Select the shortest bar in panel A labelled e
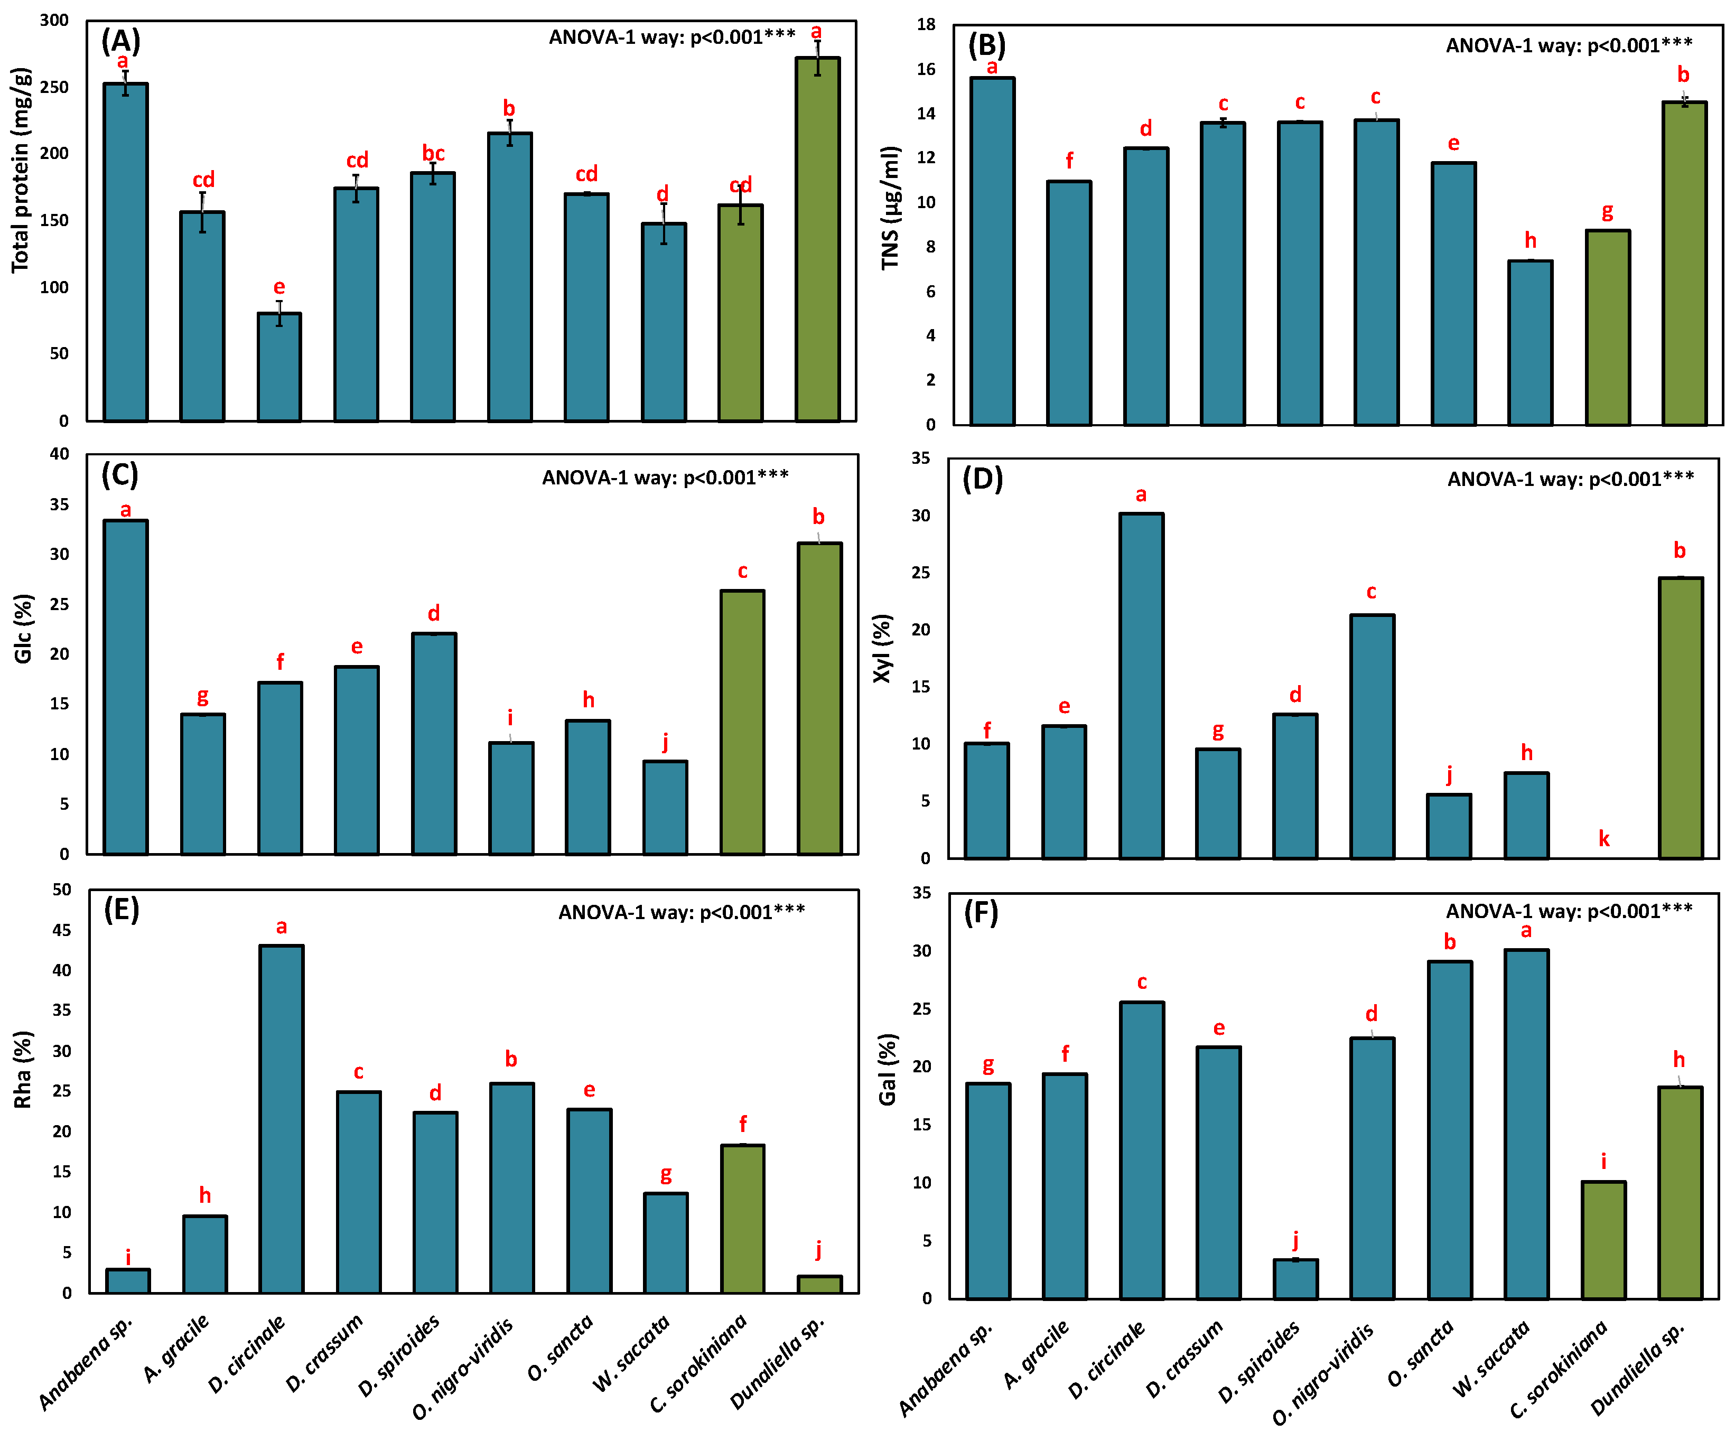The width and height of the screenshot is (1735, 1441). (279, 367)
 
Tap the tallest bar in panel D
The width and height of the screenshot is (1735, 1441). (1141, 686)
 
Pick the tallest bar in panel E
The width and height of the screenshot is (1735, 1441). (282, 1119)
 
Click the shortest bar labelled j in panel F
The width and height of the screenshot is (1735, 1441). (1295, 1279)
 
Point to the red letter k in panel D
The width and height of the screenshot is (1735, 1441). (1603, 839)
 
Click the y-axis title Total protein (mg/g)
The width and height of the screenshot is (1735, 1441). (22, 170)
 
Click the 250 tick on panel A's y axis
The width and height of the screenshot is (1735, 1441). (54, 87)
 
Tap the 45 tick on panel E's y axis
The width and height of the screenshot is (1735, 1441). (62, 930)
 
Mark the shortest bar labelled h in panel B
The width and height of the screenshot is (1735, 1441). (1530, 343)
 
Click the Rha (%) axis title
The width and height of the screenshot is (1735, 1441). (22, 1069)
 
